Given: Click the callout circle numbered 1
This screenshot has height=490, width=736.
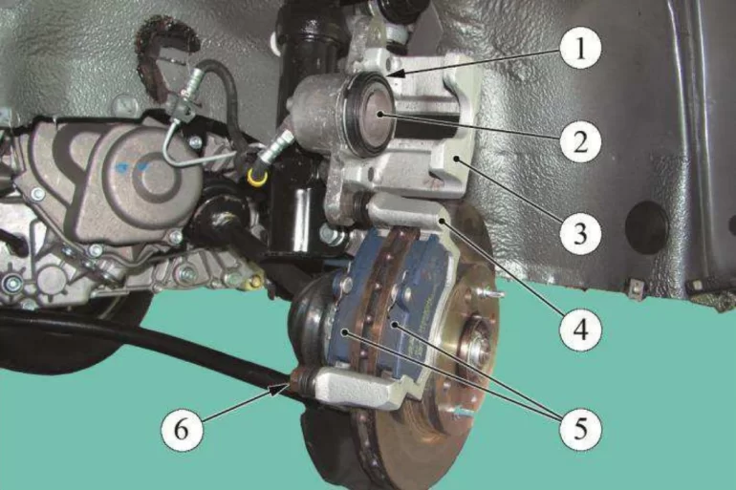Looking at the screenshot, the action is tap(580, 49).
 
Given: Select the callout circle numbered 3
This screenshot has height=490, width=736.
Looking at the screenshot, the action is tap(580, 233).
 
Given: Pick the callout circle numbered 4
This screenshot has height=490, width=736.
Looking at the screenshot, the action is tap(580, 330).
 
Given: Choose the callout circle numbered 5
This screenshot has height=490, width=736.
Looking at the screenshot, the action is tap(580, 428).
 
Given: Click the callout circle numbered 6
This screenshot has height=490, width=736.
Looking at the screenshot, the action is tap(183, 429).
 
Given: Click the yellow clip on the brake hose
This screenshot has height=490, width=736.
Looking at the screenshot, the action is tap(258, 177).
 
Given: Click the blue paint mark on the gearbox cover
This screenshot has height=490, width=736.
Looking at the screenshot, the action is tap(133, 165).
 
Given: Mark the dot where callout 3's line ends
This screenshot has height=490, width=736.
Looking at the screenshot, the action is tap(455, 160).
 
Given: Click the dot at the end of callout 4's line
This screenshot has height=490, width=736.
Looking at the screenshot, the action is tap(442, 220).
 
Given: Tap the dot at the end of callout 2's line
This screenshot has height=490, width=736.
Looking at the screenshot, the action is tap(379, 114).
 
